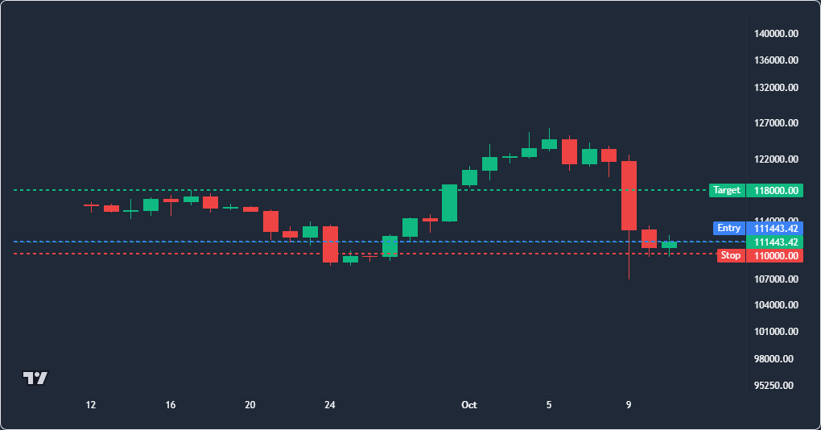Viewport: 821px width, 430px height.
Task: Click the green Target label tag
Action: point(726,191)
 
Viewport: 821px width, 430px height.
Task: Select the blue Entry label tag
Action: point(728,228)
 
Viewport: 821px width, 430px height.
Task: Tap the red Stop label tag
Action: point(730,255)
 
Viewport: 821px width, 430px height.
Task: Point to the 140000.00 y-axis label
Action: point(776,34)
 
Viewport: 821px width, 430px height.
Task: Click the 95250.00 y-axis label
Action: point(776,385)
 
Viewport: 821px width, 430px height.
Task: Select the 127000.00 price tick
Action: point(776,123)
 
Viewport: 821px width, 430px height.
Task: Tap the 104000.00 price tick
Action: point(776,305)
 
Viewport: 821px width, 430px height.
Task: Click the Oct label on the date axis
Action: point(469,405)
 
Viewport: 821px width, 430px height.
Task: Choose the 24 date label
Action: point(329,405)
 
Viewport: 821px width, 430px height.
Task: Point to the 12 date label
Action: point(91,405)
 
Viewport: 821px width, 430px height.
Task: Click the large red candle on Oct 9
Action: point(629,195)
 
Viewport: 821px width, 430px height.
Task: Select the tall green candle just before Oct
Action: point(449,203)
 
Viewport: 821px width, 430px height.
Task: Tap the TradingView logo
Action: point(35,378)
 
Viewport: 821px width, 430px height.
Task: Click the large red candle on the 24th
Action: point(330,244)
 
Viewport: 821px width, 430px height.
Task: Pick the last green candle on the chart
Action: point(669,244)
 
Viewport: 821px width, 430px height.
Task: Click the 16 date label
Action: point(171,405)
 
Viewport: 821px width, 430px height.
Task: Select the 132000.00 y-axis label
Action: point(776,88)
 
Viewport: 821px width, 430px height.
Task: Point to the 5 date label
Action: point(549,405)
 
